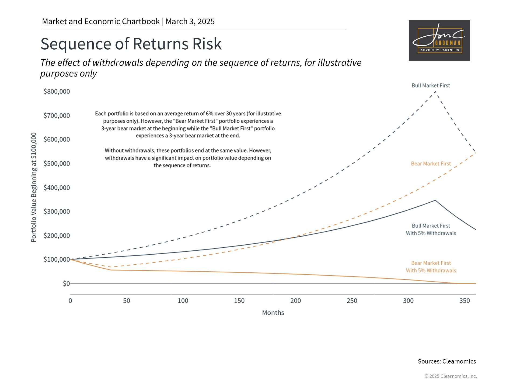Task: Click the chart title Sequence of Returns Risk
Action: pos(131,44)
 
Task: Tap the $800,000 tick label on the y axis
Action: pos(57,92)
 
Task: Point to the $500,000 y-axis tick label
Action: pos(57,164)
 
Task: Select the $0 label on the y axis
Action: pos(66,283)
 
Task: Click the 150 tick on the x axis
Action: pos(239,301)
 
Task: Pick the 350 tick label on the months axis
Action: pos(464,301)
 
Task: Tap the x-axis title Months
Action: pos(273,313)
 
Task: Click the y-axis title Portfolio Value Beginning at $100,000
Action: pos(34,187)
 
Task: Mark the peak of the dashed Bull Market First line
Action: pos(435,92)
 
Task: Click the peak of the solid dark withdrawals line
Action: pos(435,200)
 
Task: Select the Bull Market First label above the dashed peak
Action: pos(431,85)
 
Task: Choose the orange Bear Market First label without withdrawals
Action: pos(431,164)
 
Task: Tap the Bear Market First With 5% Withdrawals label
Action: pos(431,267)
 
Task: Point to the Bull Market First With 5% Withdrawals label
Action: pos(431,230)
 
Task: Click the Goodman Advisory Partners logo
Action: pos(439,40)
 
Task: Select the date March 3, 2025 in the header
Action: pos(190,22)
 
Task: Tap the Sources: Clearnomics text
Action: pos(447,361)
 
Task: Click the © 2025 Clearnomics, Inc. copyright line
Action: pos(450,376)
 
